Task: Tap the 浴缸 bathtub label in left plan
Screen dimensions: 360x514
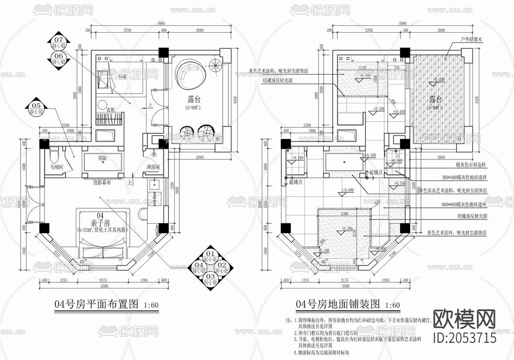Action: pos(103,158)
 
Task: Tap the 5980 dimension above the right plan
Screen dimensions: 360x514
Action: pos(403,23)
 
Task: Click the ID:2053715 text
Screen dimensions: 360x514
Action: pos(465,337)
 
